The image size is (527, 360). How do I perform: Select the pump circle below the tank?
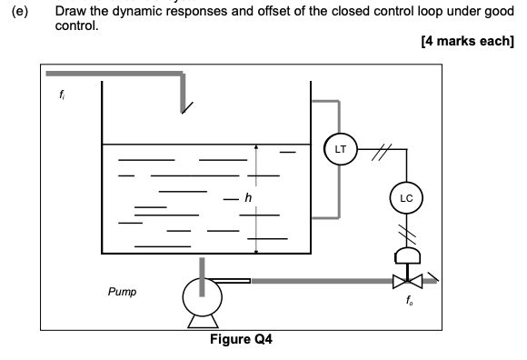[201, 294]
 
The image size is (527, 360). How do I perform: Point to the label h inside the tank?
[246, 198]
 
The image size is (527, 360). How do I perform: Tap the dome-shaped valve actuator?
[402, 256]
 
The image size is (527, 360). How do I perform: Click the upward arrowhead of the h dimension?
[257, 147]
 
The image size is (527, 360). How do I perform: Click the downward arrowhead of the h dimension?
[257, 250]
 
